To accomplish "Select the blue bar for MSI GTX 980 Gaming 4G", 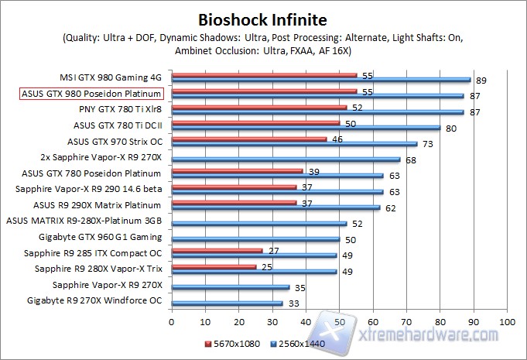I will coord(321,79).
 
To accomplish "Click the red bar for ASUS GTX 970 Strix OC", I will coord(249,139).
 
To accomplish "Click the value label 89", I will coord(481,80).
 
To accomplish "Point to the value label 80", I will coord(451,128).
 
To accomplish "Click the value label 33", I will coord(293,304).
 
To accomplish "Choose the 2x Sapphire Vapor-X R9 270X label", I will coord(101,157).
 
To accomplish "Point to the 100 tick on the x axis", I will coord(507,321).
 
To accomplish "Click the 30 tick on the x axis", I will coord(272,321).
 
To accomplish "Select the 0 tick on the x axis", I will coord(172,321).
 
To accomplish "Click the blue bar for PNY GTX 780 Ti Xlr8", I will coord(317,111).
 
